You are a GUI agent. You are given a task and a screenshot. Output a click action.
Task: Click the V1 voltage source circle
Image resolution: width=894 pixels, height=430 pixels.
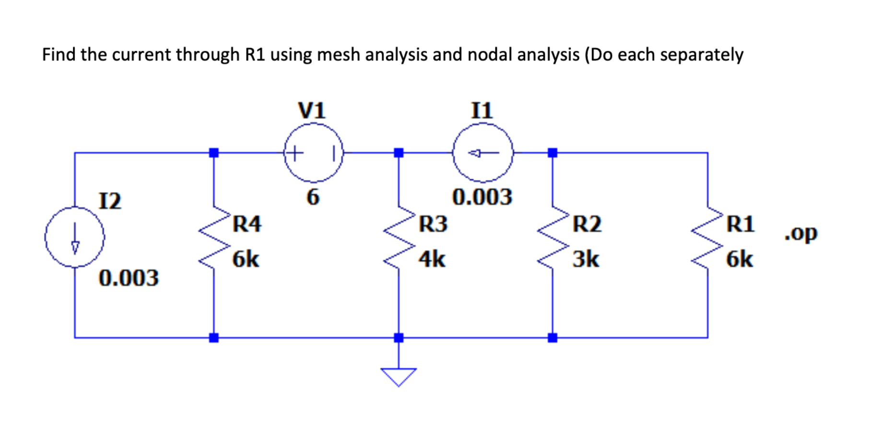314,153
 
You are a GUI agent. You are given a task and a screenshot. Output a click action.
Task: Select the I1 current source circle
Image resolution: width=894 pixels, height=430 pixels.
482,153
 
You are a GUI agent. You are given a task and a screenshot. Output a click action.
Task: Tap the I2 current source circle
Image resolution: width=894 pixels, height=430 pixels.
74,237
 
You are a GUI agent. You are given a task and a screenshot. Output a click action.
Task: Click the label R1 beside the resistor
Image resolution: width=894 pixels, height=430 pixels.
740,224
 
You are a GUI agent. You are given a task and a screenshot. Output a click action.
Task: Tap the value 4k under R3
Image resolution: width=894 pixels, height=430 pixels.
432,260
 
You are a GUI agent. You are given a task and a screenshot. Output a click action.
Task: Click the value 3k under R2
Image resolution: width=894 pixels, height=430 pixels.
586,260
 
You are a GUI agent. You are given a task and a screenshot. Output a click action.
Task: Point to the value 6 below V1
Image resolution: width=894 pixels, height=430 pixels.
313,197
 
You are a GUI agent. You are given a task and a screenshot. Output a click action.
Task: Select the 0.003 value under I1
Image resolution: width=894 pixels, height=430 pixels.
482,197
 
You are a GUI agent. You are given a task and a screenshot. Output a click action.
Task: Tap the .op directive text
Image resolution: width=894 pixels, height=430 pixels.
801,234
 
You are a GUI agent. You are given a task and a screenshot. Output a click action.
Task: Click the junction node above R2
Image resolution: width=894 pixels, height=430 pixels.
553,153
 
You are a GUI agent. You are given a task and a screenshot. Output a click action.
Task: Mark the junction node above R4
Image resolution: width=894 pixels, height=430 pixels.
214,153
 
